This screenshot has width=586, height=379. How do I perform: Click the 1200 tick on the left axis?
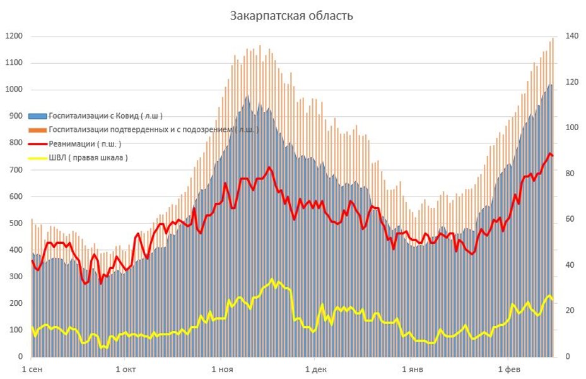(x=14, y=36)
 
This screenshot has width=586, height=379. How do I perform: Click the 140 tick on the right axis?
(x=571, y=36)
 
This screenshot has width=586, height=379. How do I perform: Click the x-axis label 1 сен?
(x=33, y=370)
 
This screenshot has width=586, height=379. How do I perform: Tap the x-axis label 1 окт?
(x=126, y=370)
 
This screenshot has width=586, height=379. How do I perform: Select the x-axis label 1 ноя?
(x=221, y=370)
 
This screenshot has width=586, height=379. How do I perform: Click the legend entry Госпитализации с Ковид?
(x=105, y=116)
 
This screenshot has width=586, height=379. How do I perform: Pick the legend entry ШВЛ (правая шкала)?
(x=88, y=158)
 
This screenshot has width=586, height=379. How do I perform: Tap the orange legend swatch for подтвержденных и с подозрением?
(x=37, y=130)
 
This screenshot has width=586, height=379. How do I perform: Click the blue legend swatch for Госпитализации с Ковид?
(x=37, y=116)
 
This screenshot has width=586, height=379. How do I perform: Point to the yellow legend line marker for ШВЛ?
(x=37, y=158)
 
